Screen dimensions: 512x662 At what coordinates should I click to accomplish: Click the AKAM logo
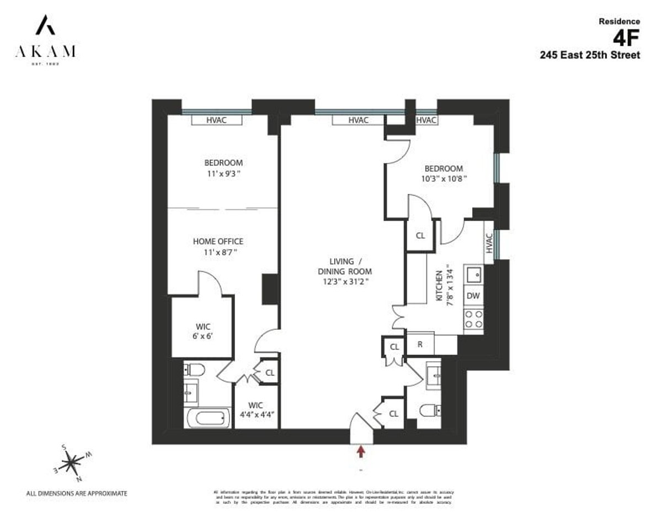tap(45, 41)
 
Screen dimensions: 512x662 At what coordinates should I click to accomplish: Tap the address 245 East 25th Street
tap(590, 55)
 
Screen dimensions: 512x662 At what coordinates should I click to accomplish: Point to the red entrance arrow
tap(361, 452)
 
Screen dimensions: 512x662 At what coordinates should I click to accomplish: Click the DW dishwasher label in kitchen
tap(473, 295)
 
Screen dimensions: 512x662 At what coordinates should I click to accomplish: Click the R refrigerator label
tap(420, 344)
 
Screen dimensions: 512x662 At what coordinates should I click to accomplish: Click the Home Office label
tap(218, 241)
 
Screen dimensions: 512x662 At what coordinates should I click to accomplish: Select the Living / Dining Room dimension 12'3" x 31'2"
tap(345, 281)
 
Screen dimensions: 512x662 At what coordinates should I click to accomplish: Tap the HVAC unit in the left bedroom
tap(216, 120)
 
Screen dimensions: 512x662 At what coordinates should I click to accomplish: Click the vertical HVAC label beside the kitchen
tap(489, 243)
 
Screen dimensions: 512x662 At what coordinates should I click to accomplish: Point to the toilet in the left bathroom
tap(194, 370)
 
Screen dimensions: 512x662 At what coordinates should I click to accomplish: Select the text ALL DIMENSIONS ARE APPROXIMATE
tap(77, 492)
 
